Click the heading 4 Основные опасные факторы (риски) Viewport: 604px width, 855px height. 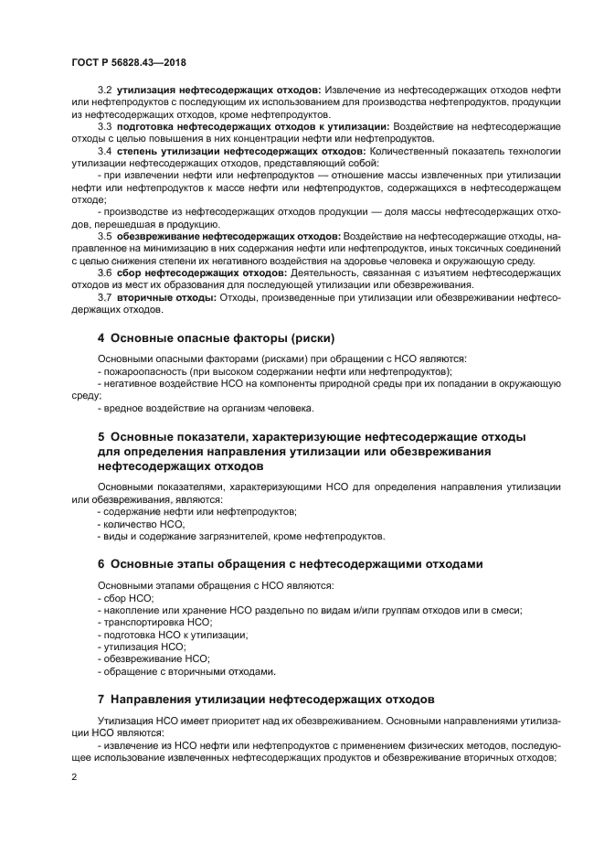pos(216,337)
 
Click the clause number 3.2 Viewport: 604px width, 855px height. pos(104,89)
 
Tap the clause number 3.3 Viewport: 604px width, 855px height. pos(104,125)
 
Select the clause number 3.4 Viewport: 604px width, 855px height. pos(104,149)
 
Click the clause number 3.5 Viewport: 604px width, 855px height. pos(104,235)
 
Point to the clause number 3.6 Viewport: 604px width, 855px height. pos(104,273)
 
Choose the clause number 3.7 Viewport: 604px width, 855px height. pos(104,297)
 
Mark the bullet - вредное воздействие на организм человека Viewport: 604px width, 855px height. pos(205,408)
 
